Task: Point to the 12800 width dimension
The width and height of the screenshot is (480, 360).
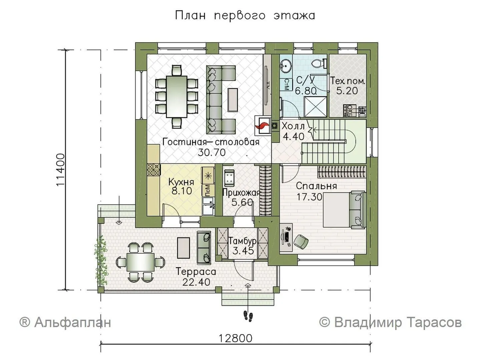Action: [235, 339]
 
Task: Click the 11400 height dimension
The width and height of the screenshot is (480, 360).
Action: [61, 170]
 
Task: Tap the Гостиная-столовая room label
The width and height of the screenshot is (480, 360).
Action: [211, 142]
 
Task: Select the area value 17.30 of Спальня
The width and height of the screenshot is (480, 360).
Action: [310, 197]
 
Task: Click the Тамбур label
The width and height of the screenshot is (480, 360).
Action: [243, 241]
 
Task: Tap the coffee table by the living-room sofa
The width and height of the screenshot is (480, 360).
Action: [233, 100]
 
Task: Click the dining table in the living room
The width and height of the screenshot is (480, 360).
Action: [177, 97]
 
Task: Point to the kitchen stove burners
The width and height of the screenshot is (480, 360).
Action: [153, 170]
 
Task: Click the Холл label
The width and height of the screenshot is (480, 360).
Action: [293, 126]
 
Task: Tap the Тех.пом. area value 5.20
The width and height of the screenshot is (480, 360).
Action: [347, 91]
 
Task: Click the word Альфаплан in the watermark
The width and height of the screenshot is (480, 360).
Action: [73, 323]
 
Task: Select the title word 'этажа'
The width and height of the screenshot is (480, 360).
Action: [294, 16]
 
